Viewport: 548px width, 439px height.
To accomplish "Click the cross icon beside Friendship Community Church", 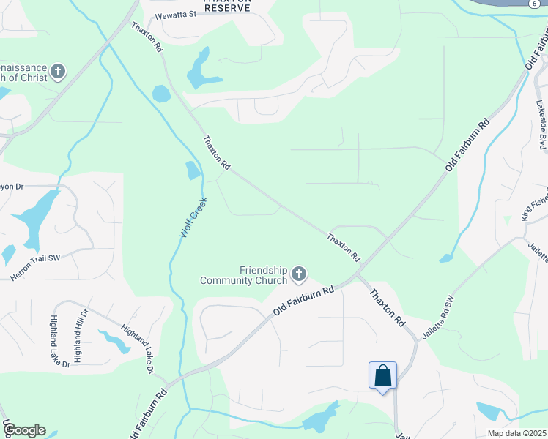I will click(x=298, y=274).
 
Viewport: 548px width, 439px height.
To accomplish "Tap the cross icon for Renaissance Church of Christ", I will click(x=58, y=72).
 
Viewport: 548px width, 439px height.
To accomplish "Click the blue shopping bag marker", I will click(x=382, y=376).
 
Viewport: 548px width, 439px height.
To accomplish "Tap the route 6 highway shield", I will click(x=540, y=4).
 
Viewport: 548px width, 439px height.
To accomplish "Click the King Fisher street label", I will click(x=534, y=208).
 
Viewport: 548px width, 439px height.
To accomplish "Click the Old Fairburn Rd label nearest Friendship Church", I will click(x=303, y=301).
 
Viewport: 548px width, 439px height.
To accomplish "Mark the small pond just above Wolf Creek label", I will click(x=193, y=170).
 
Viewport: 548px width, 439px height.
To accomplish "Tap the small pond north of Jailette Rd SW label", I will click(x=446, y=258).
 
